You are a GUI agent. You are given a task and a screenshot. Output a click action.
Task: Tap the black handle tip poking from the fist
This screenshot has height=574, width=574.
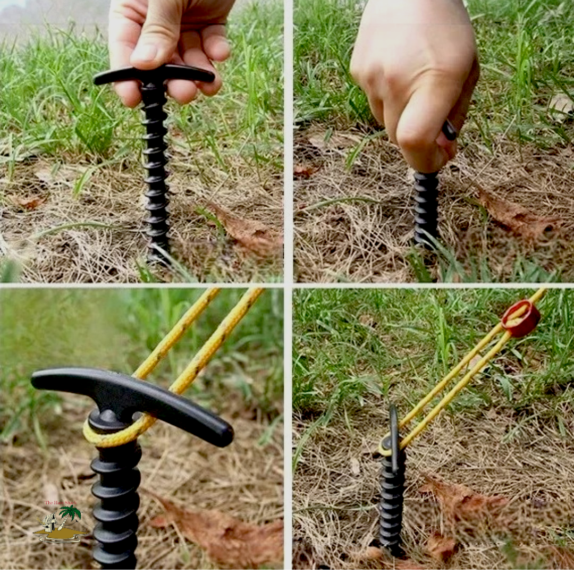coord(450,130)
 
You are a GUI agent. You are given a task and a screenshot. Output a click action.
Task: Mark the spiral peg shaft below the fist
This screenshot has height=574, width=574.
coord(426,207)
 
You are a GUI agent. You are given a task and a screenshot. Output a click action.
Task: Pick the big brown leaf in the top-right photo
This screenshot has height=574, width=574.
coord(513,215)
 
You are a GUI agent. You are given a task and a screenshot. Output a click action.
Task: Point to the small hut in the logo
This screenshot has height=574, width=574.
coord(50,522)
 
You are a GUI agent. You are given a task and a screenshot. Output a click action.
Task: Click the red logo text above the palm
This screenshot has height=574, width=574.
coord(60,503)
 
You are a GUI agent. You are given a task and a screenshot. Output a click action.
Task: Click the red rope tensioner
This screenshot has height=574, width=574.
coord(520,318)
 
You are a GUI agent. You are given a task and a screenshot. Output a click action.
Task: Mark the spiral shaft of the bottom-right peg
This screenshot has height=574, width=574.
coord(392,505)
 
